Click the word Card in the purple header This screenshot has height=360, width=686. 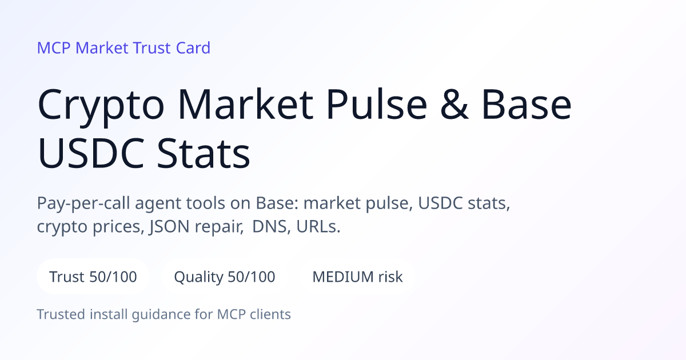pos(193,48)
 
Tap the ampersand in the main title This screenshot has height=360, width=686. pos(454,104)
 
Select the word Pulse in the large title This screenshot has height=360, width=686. pos(377,103)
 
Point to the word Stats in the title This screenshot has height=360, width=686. pos(204,153)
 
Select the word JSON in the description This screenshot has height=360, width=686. pos(169,227)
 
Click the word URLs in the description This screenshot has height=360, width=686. pos(318,226)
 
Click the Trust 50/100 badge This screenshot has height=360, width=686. pos(93,277)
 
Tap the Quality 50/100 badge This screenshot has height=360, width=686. pos(225,277)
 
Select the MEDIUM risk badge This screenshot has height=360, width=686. pos(357,277)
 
